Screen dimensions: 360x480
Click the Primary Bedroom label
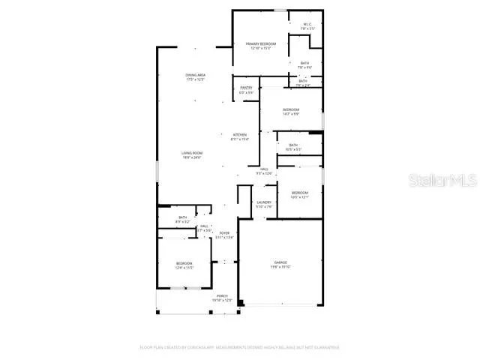click(261, 44)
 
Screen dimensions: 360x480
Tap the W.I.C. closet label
click(307, 24)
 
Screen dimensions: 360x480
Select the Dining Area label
click(196, 75)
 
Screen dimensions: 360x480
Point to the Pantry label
click(246, 88)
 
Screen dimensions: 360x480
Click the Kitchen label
click(239, 135)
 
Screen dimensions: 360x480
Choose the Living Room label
click(192, 153)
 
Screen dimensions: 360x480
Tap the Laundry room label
click(263, 202)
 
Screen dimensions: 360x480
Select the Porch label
click(223, 296)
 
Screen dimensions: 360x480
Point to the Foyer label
click(224, 233)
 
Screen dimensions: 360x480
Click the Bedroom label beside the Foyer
click(184, 263)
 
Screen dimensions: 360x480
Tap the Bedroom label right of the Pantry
click(291, 109)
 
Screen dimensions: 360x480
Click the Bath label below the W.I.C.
click(304, 63)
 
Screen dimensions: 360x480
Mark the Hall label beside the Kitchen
click(265, 169)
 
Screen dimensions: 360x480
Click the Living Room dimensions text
click(192, 157)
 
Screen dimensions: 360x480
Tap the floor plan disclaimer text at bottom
click(240, 348)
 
